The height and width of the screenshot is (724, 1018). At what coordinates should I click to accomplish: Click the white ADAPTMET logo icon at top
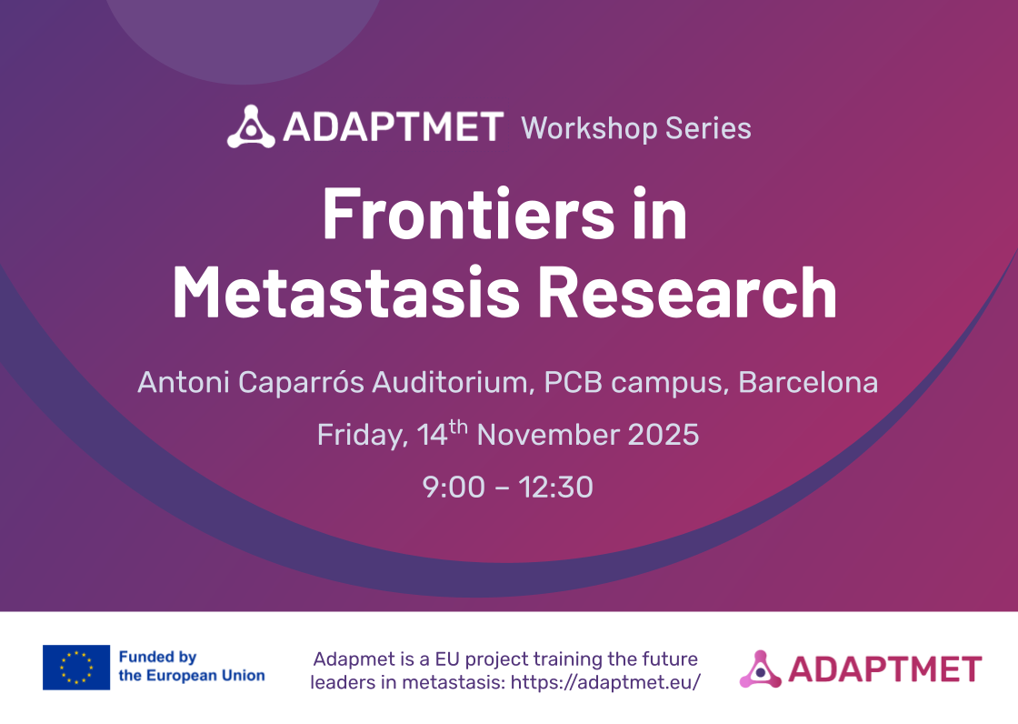[x=251, y=126]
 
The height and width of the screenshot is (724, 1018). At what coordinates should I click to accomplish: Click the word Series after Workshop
[x=708, y=128]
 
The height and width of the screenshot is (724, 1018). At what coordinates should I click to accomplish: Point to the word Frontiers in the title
[x=468, y=215]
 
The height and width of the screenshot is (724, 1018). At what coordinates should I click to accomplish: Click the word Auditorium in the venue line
[x=453, y=382]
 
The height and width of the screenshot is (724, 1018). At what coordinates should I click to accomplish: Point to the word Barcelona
[x=808, y=382]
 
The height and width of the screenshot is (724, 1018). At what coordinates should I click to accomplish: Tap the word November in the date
[x=546, y=435]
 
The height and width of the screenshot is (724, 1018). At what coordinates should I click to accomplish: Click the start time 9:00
[x=454, y=488]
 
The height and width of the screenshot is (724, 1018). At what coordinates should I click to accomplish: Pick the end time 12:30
[x=555, y=488]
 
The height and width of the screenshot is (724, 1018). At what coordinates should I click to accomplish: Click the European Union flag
[x=76, y=668]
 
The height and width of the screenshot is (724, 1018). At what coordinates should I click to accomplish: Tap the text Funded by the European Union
[x=192, y=666]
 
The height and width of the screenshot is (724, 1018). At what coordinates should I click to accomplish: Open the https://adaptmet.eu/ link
[x=605, y=682]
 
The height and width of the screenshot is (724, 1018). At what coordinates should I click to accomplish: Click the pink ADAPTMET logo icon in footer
[x=760, y=669]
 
